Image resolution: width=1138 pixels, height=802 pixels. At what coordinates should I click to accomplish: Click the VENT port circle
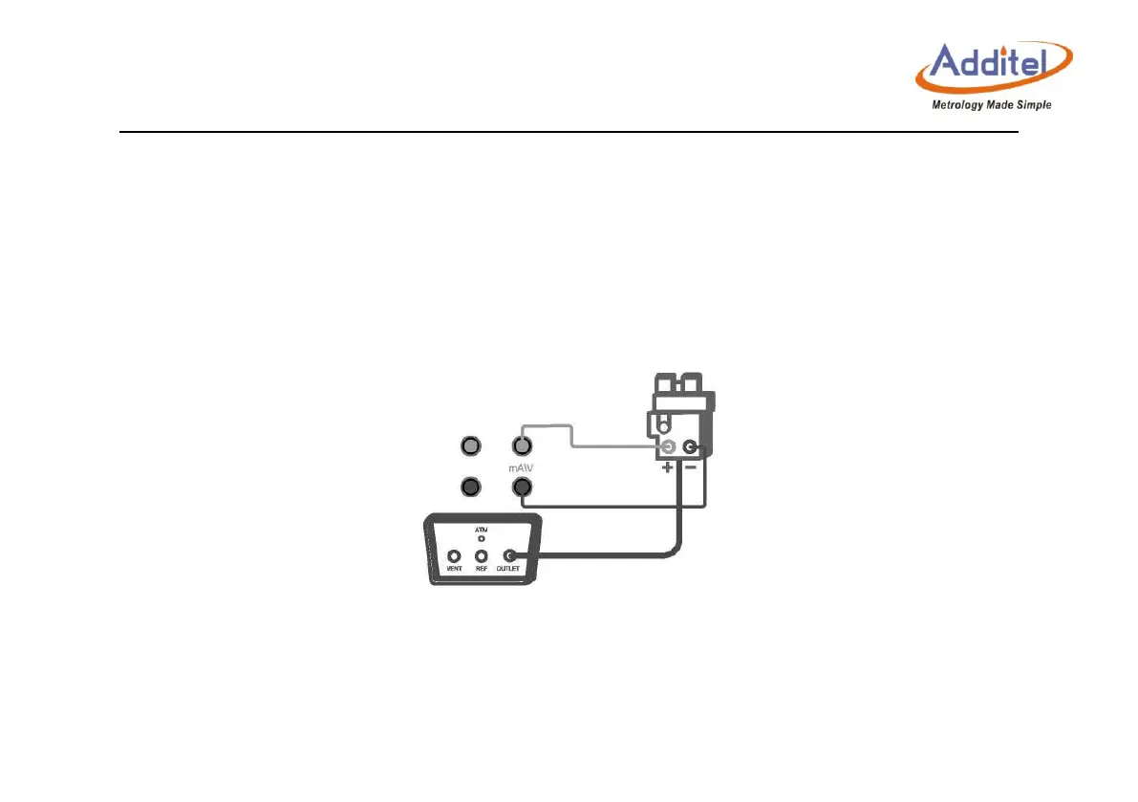coord(454,556)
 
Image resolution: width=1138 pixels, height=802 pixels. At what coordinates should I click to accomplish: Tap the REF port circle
coord(483,556)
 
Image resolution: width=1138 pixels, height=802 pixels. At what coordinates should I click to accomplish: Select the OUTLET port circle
coord(510,556)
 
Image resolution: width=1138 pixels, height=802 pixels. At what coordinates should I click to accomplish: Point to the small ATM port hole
coord(482,539)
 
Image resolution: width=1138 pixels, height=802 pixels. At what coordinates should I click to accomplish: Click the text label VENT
coord(454,570)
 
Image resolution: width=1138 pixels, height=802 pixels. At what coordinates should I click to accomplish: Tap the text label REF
coord(483,570)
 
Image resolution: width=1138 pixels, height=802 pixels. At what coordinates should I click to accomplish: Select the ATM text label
coord(482,529)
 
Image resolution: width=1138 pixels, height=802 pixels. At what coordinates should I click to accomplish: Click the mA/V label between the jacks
coord(522,468)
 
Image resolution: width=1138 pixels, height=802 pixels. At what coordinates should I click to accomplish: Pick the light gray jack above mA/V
coord(522,445)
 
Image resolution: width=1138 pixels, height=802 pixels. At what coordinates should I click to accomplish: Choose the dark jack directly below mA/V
coord(522,488)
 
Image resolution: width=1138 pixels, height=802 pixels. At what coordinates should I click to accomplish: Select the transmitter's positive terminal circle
coord(668,447)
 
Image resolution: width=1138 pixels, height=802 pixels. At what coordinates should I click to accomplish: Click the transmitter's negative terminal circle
coord(689,447)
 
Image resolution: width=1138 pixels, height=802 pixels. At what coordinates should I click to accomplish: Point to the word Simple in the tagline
coord(1032,105)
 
